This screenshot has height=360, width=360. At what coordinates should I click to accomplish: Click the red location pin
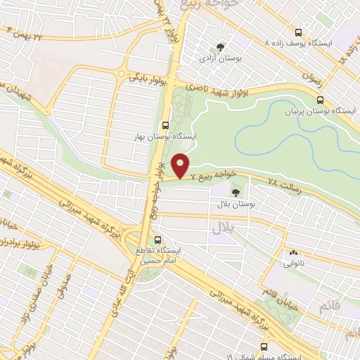pos(181,165)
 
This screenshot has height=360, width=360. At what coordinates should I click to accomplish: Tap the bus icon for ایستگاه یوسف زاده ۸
pos(299,32)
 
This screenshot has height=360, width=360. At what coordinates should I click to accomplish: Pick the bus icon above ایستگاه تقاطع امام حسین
pos(158,239)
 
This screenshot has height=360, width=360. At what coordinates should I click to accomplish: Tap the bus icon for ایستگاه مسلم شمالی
pos(264,346)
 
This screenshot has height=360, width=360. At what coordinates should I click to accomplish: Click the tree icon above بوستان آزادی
pos(221,47)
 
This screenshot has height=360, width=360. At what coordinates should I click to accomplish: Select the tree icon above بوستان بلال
pos(236,190)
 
